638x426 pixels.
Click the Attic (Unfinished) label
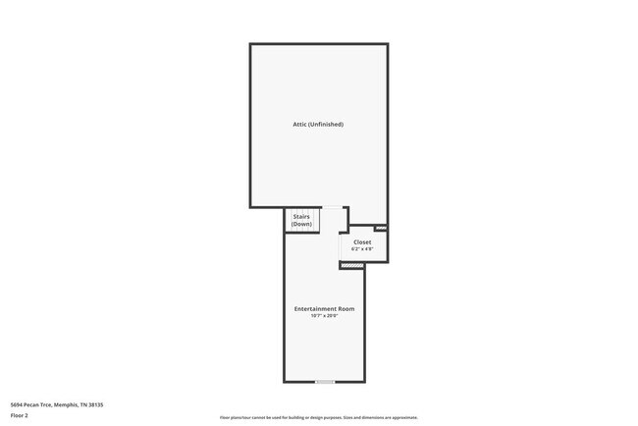pyautogui.click(x=318, y=125)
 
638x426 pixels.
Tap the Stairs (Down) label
pyautogui.click(x=301, y=221)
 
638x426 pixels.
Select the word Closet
pyautogui.click(x=362, y=241)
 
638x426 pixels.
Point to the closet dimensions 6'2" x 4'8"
pyautogui.click(x=362, y=249)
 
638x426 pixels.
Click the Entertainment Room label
pyautogui.click(x=324, y=309)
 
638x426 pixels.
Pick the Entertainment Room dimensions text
pyautogui.click(x=324, y=316)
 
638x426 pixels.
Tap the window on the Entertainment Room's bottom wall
pyautogui.click(x=325, y=382)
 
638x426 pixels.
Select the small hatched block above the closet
pyautogui.click(x=381, y=229)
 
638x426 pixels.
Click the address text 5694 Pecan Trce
pyautogui.click(x=34, y=404)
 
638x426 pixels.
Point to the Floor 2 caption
pyautogui.click(x=20, y=416)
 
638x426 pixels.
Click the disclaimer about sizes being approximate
pyautogui.click(x=319, y=417)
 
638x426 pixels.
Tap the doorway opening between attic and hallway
pyautogui.click(x=332, y=208)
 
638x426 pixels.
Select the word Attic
pyautogui.click(x=300, y=125)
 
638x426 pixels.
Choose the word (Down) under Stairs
pyautogui.click(x=301, y=225)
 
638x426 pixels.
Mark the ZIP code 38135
pyautogui.click(x=95, y=404)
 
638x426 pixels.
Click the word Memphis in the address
pyautogui.click(x=67, y=404)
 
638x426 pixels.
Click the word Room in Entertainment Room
pyautogui.click(x=347, y=309)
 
